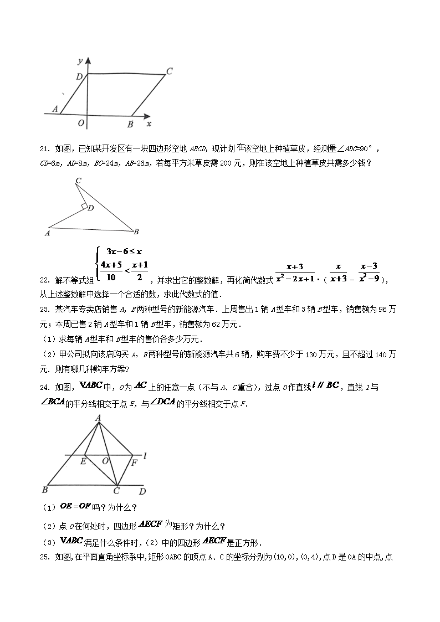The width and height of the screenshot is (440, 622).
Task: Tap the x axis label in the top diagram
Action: (149, 124)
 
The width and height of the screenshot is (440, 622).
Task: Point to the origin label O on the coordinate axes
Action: (81, 123)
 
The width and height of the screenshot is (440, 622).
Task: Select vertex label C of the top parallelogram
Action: (170, 71)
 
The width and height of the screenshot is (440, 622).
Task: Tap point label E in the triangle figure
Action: (83, 461)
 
